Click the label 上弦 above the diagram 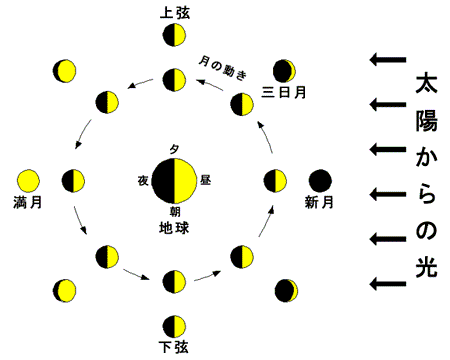click(x=175, y=13)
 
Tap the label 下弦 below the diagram click(x=174, y=347)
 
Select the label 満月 click(x=28, y=202)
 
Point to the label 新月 click(x=319, y=202)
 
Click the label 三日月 click(x=284, y=92)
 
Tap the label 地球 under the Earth click(x=174, y=228)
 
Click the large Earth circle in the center click(x=174, y=181)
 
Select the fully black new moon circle click(x=320, y=181)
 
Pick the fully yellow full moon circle click(x=28, y=181)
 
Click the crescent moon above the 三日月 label click(x=284, y=71)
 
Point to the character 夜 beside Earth click(x=143, y=181)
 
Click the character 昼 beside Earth click(x=205, y=180)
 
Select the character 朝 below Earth click(x=175, y=211)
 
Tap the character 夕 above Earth click(x=174, y=149)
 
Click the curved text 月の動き click(x=223, y=68)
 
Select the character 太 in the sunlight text click(x=426, y=83)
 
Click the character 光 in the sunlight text click(x=426, y=267)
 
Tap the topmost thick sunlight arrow click(x=388, y=60)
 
